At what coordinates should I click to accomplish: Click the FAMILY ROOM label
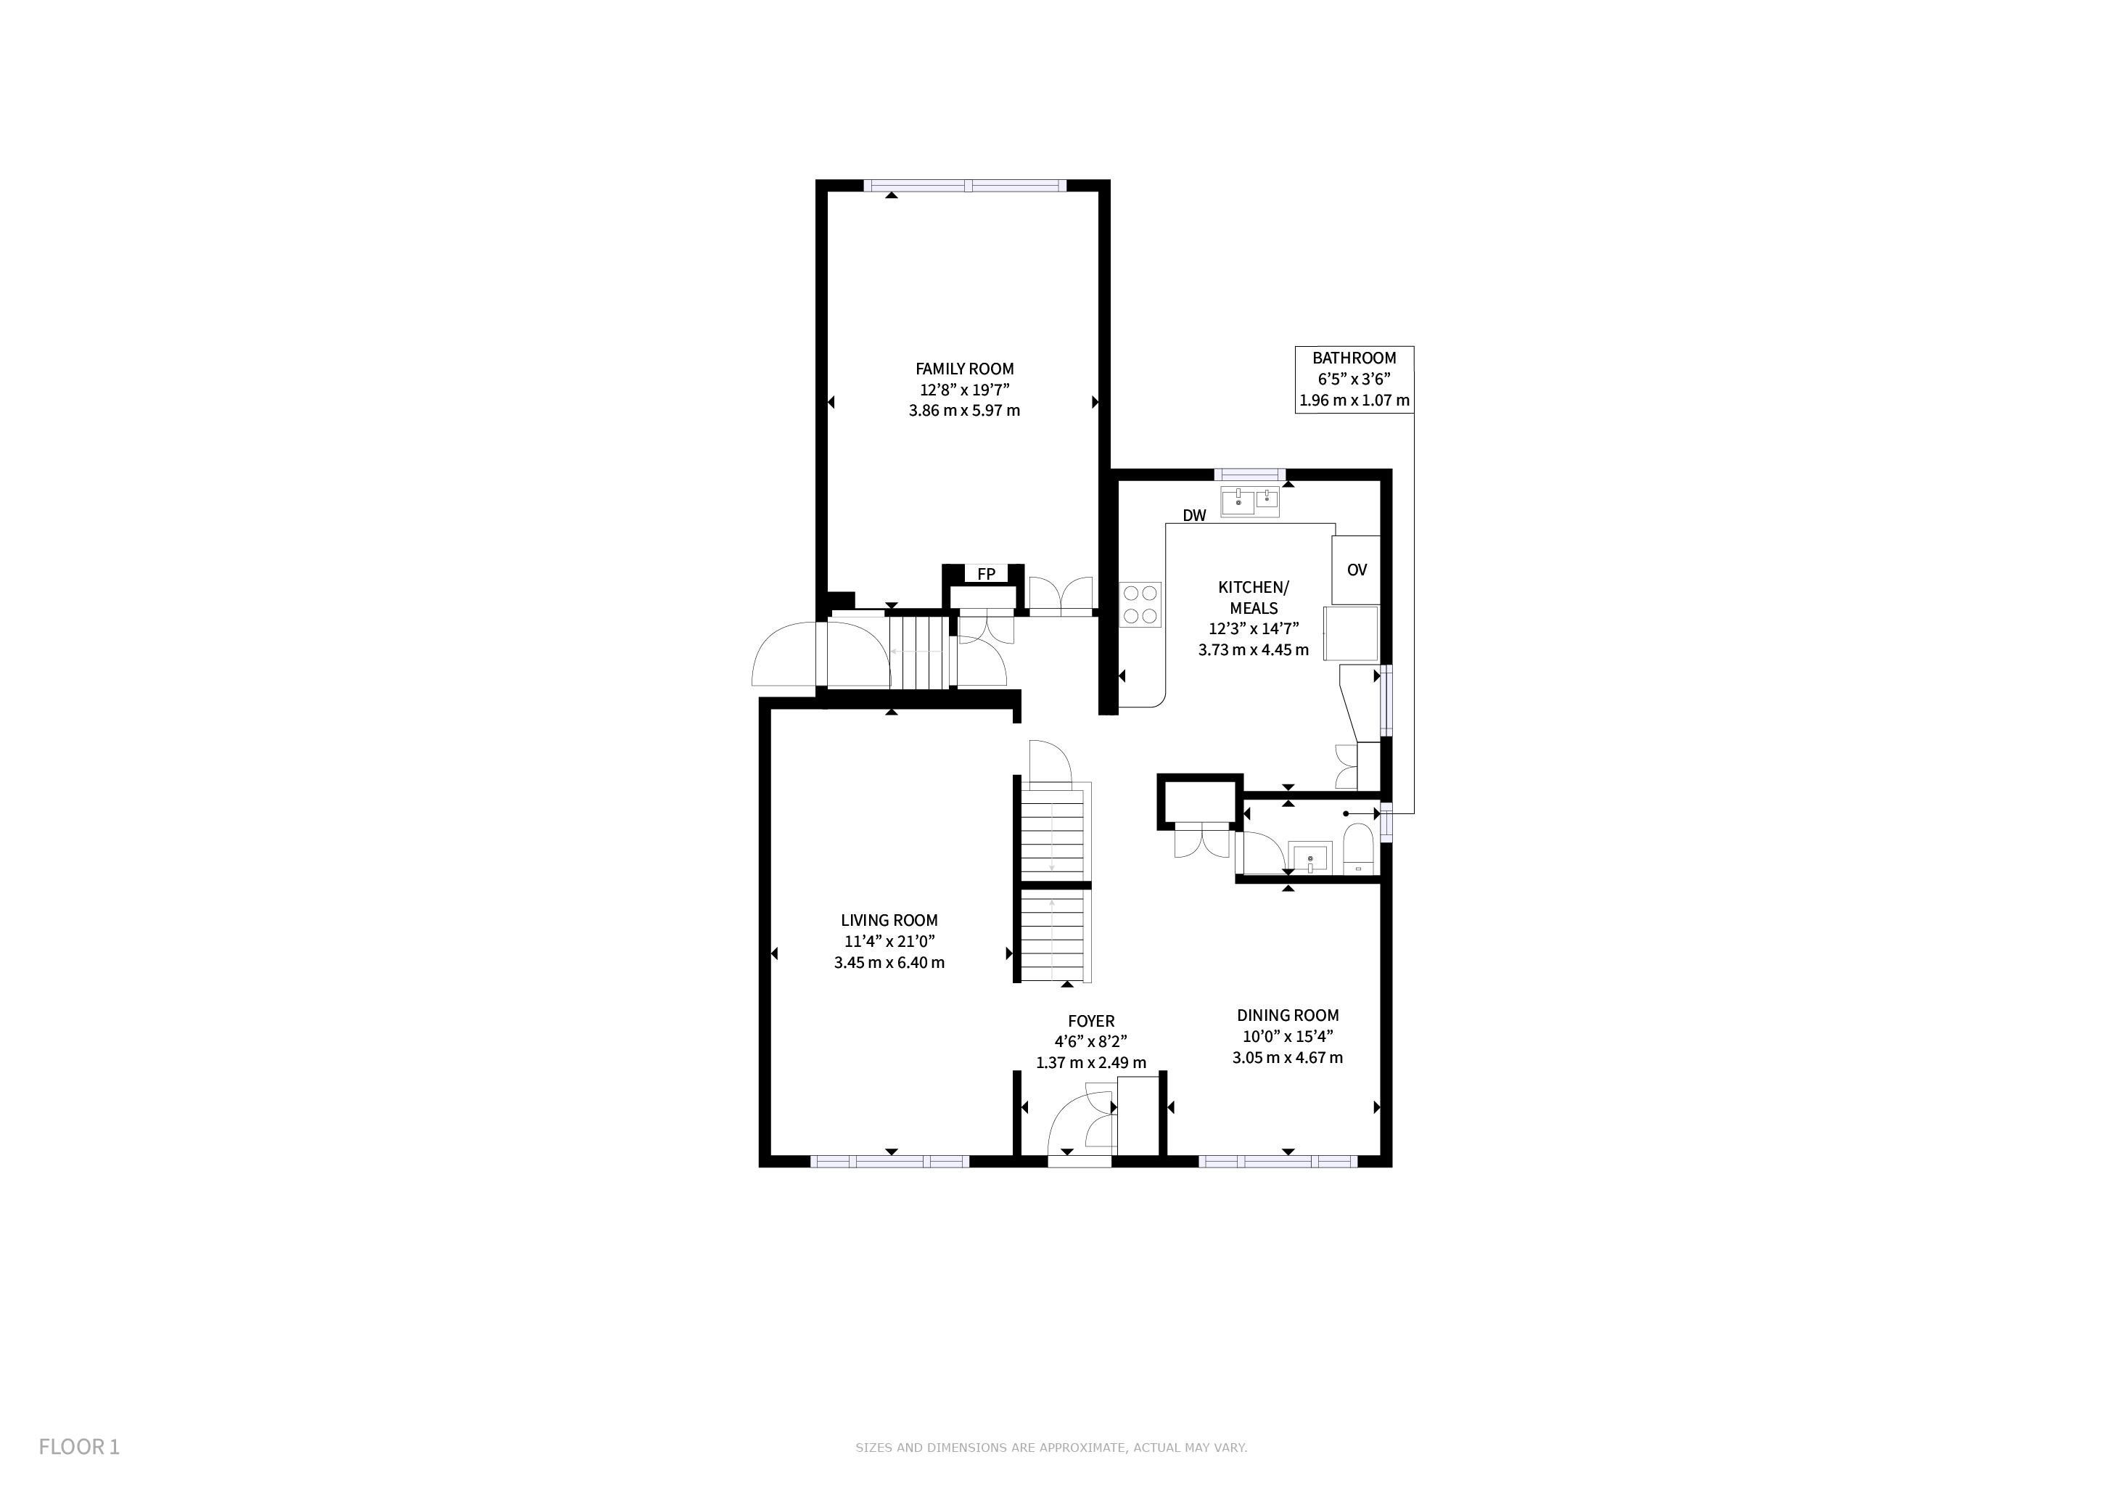point(964,369)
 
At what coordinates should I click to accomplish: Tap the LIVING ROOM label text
point(889,921)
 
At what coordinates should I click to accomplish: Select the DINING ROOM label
point(1288,1016)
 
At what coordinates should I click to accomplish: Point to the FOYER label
point(1090,1021)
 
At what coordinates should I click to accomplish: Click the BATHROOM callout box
point(1354,379)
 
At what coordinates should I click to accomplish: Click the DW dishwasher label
point(1194,516)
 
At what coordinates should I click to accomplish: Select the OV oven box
point(1356,569)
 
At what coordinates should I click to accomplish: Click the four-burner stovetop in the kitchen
point(1141,605)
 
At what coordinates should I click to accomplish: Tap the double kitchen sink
point(1250,502)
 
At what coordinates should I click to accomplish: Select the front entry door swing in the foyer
point(1081,1125)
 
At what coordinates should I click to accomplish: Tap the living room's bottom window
point(889,1161)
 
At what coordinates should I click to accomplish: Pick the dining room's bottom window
point(1278,1161)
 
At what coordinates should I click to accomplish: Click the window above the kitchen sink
point(1250,474)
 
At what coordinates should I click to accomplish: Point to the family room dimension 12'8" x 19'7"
point(964,390)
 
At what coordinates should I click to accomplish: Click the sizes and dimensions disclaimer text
point(1051,1448)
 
